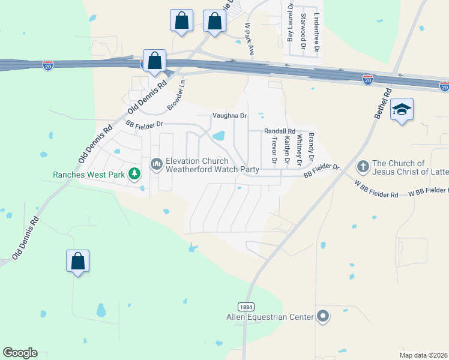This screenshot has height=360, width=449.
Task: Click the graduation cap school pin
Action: tap(402, 109)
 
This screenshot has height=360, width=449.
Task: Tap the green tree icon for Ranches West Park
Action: tap(135, 174)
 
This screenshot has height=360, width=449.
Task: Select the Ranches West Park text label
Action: tap(88, 175)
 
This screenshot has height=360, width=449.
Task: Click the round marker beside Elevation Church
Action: tap(157, 164)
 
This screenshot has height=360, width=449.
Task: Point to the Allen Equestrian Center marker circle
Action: tap(323, 316)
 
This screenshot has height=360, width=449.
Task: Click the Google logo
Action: tap(20, 353)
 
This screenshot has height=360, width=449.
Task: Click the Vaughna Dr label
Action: tap(229, 115)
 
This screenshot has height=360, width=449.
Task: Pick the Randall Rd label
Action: tap(280, 131)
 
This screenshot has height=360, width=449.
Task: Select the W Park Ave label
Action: tap(248, 40)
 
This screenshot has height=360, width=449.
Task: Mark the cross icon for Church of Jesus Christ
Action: tap(362, 166)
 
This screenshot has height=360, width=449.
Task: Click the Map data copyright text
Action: tap(424, 355)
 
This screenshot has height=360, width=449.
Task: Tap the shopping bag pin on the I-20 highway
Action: tap(154, 61)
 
